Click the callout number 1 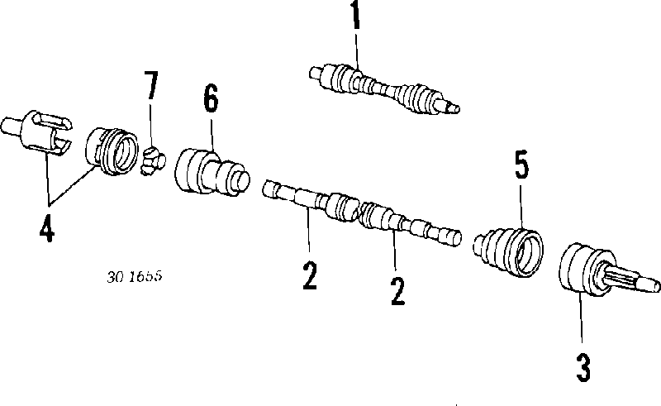(x=356, y=15)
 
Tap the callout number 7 (x=150, y=85)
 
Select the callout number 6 (x=212, y=98)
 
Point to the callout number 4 (x=47, y=228)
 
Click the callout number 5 (x=521, y=165)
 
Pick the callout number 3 (x=583, y=367)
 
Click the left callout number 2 (x=310, y=275)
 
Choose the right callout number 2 (x=397, y=291)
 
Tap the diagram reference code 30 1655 (x=135, y=277)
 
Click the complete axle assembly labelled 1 (x=384, y=89)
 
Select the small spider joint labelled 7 (x=153, y=160)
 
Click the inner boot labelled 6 (x=212, y=171)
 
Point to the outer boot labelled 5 (x=508, y=252)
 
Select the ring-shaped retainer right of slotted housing (x=112, y=151)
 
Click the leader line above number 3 (x=581, y=318)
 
